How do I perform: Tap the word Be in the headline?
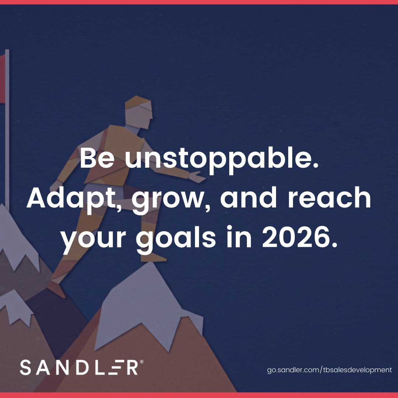pos(97,158)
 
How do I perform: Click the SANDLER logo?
pos(79,368)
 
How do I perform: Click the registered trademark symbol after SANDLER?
pos(142,362)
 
